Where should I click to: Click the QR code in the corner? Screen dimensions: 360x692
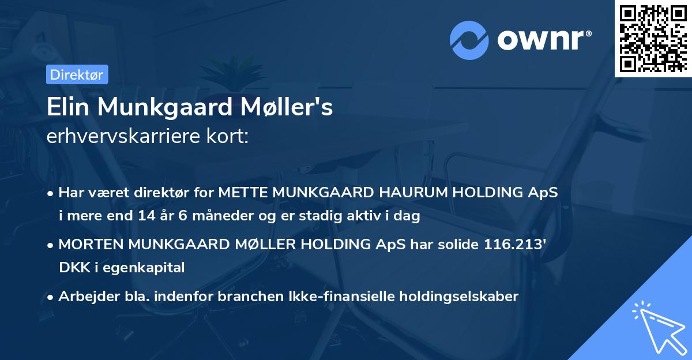[653, 39]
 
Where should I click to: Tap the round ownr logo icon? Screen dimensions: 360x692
[469, 40]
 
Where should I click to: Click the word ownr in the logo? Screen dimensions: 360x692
[544, 40]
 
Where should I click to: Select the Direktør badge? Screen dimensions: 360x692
[77, 74]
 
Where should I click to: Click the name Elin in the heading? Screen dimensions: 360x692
[67, 107]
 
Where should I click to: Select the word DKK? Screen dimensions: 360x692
[71, 268]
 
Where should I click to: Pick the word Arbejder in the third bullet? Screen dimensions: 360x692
[84, 297]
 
